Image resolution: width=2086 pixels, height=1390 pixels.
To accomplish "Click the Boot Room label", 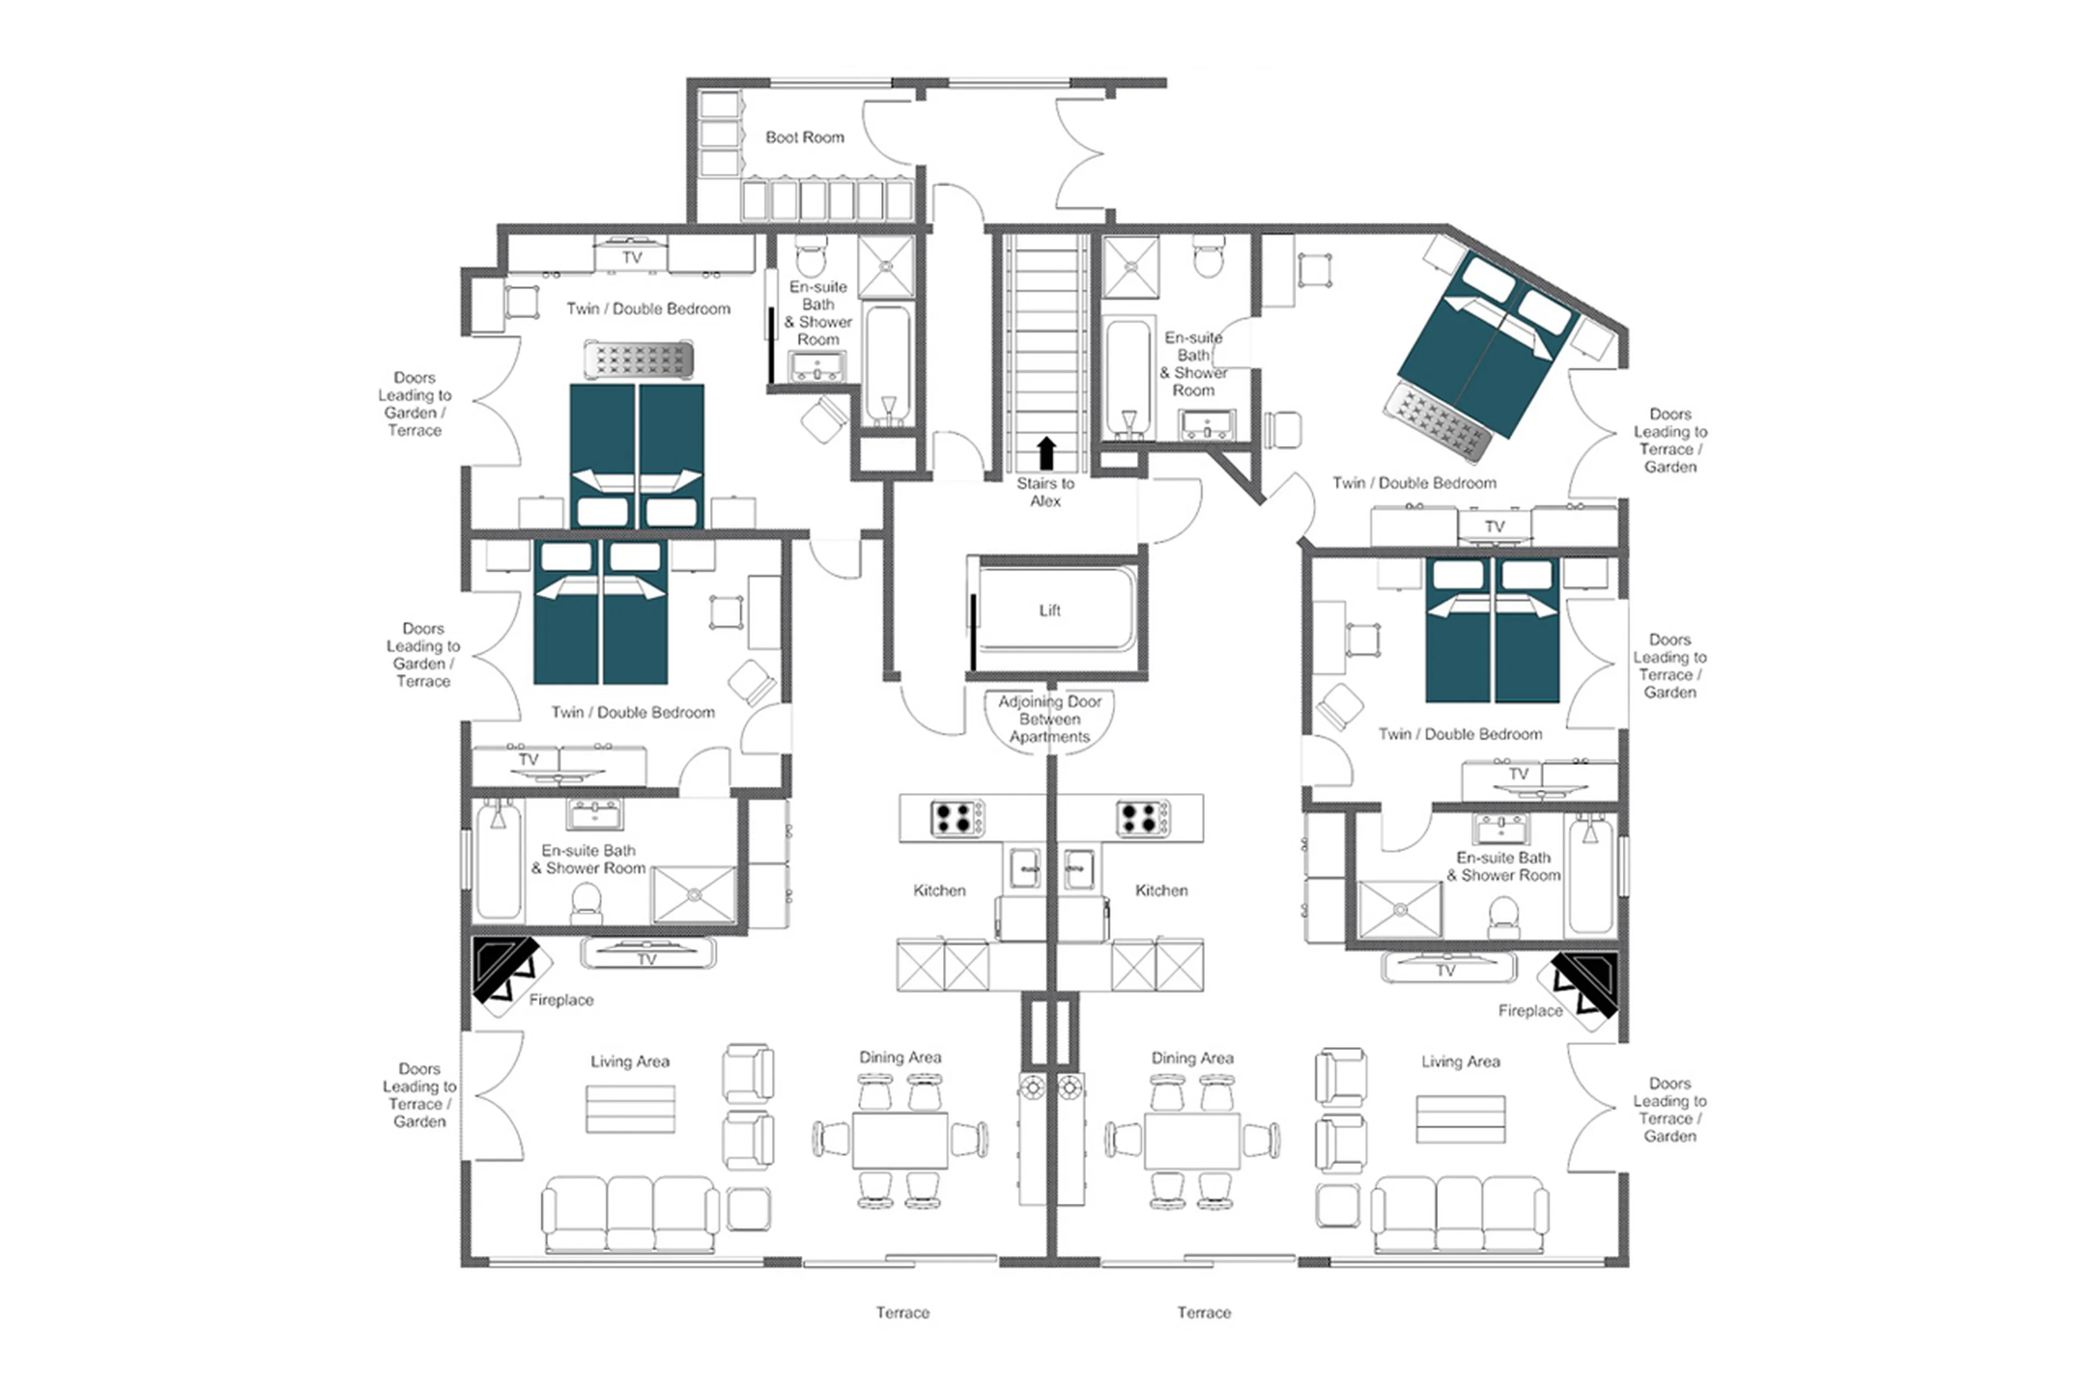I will coord(804,137).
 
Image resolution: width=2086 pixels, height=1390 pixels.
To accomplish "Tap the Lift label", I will coord(1049,610).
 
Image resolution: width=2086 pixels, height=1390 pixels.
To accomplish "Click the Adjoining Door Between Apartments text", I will coord(1049,719).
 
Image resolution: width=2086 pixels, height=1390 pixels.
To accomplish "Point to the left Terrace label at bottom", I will coord(902,1312).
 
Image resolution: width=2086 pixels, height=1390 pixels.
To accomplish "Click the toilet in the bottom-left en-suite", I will coord(585,902).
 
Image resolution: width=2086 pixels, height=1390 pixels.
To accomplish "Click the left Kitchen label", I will coord(939,890).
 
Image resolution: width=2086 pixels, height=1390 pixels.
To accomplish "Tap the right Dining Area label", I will coord(1191,1058).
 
